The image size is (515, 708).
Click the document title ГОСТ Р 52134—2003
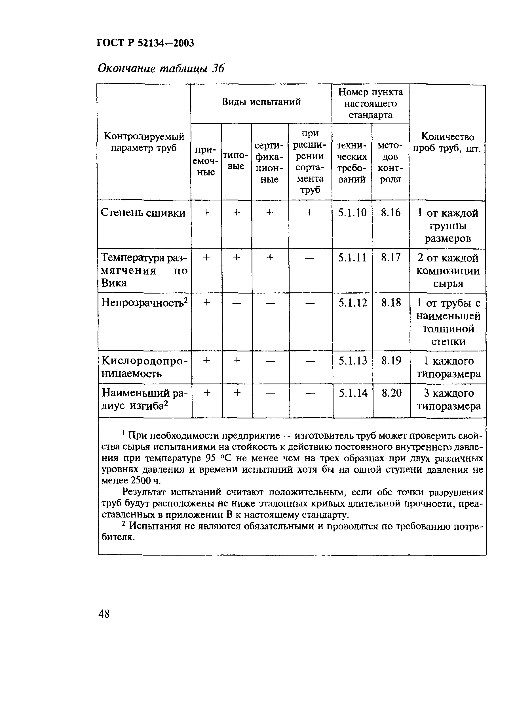(145, 43)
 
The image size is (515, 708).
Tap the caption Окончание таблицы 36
(161, 68)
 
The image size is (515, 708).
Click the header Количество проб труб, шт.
(447, 142)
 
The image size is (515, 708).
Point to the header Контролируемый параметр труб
(144, 142)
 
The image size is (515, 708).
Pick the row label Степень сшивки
(143, 213)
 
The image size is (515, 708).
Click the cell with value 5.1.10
(352, 213)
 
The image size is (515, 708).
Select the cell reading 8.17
(391, 257)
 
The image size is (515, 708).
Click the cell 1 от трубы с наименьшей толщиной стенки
(448, 322)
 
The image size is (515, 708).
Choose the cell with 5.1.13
(353, 361)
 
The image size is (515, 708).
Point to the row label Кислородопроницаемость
(144, 367)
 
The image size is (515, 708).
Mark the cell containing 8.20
(391, 393)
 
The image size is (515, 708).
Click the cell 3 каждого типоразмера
(449, 400)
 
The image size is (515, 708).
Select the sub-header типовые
(236, 161)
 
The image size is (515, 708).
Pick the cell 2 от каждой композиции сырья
(448, 271)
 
